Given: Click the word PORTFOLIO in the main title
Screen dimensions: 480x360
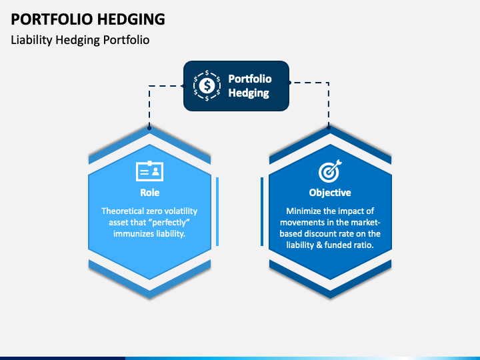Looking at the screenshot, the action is [52, 19].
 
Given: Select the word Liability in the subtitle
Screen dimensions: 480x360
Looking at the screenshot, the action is [31, 40].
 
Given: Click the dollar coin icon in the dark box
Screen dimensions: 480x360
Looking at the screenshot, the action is [207, 86].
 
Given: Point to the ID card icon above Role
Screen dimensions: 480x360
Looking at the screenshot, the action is [150, 171].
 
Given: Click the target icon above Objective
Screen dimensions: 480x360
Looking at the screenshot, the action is [330, 171].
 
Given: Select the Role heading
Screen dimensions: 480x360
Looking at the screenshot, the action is [150, 193].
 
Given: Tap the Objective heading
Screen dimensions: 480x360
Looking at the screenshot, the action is [330, 193].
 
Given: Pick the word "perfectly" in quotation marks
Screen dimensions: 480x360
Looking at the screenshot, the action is [171, 223].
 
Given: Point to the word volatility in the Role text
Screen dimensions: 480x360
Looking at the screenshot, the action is [180, 211].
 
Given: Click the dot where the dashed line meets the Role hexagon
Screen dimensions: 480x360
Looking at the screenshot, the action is [149, 128].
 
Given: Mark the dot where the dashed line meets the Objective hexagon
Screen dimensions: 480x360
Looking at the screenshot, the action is [329, 127].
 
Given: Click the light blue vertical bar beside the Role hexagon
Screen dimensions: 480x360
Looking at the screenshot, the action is [217, 211].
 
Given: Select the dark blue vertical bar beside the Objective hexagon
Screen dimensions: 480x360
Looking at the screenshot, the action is [262, 211].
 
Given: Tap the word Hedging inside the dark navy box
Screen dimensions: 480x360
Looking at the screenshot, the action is [249, 93].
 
